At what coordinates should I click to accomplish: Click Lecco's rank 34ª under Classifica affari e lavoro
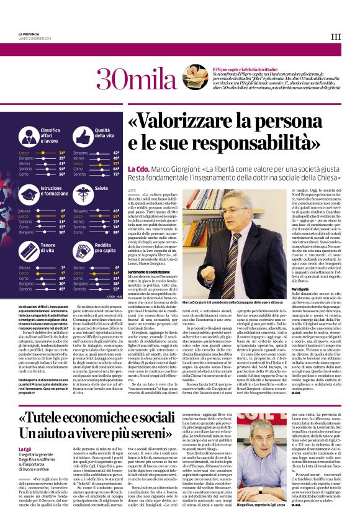point(62,152)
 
